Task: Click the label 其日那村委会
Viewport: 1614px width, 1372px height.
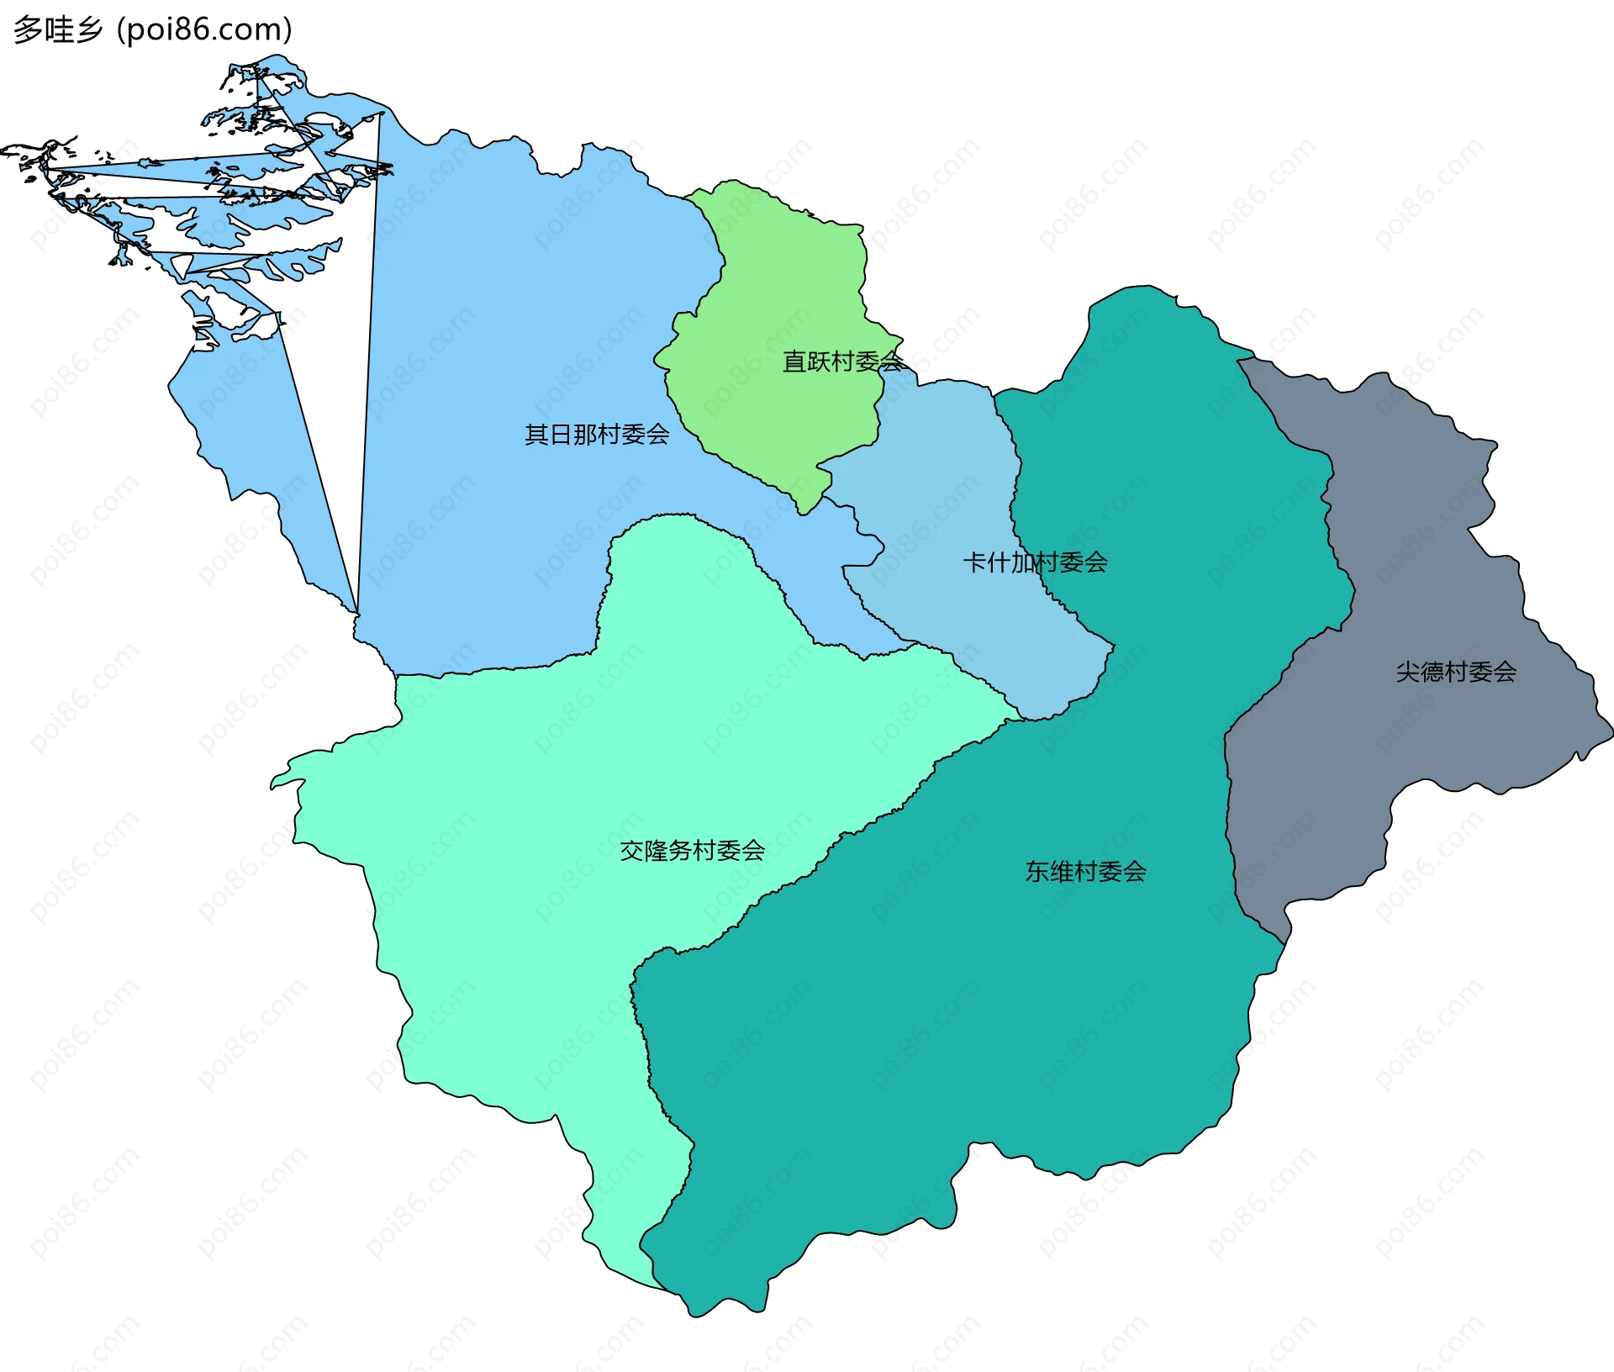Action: [597, 435]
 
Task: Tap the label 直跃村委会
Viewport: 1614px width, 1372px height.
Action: [842, 361]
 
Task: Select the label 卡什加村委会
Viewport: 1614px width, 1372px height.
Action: [1035, 562]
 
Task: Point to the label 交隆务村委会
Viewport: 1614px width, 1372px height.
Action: [692, 851]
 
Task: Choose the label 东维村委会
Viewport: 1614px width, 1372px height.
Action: [1085, 872]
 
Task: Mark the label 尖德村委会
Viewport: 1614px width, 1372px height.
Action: [1456, 672]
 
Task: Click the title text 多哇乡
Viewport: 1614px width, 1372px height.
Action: [58, 29]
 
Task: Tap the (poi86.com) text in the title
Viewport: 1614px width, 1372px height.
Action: [204, 29]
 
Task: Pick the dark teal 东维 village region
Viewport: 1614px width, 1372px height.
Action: [967, 1009]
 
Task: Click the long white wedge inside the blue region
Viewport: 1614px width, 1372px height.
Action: [336, 378]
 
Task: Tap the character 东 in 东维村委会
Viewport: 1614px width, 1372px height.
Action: [1036, 872]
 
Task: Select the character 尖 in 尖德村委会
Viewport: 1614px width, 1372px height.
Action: [1407, 672]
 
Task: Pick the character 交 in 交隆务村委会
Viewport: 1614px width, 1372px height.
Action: [631, 851]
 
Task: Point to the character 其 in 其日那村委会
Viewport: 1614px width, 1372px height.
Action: [536, 435]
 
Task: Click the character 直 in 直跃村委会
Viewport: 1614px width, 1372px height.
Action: [794, 361]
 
